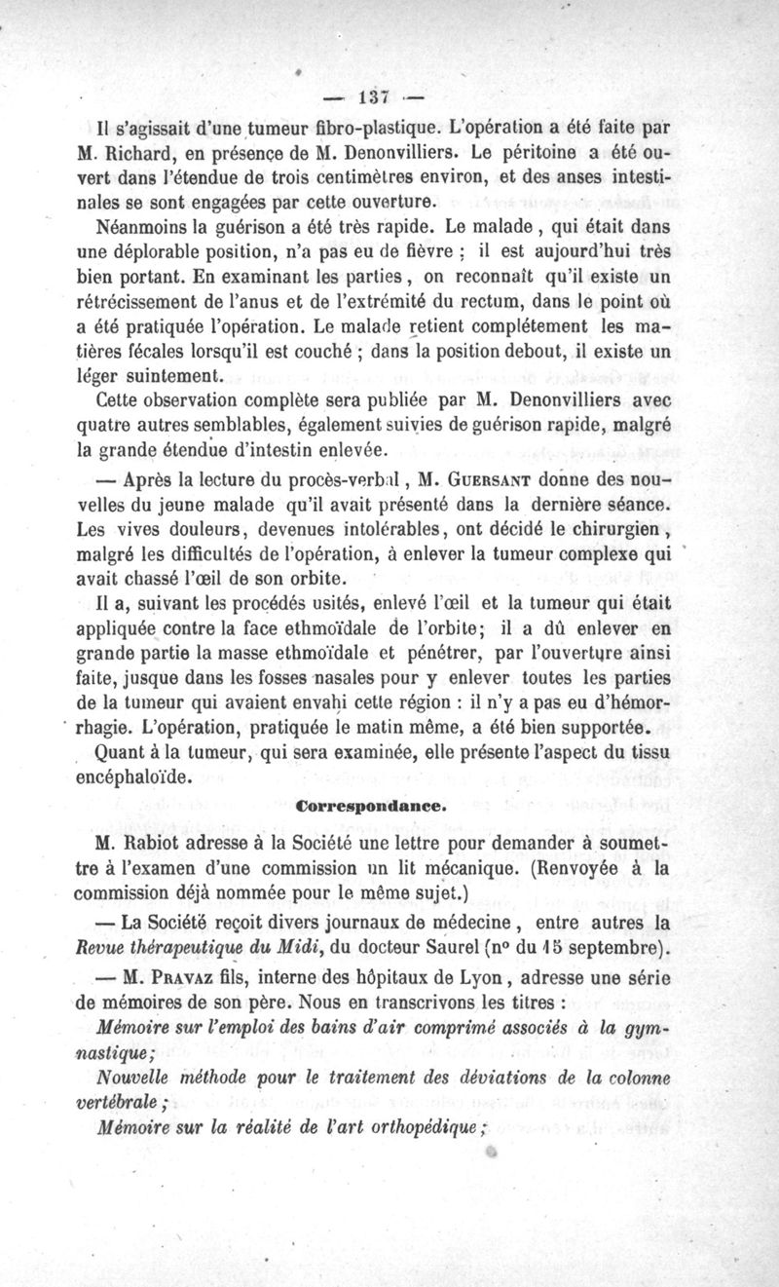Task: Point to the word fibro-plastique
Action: tap(352, 127)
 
